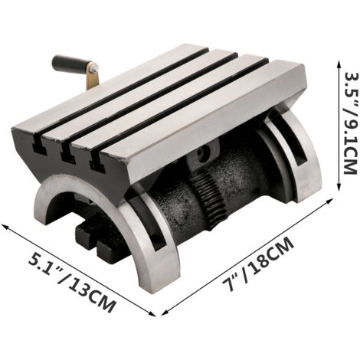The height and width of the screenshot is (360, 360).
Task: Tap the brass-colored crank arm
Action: [93, 77]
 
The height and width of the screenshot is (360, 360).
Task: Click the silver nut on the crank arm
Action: [94, 68]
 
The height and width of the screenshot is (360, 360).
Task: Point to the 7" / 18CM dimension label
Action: [258, 263]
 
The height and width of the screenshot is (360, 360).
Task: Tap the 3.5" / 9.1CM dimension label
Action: [350, 123]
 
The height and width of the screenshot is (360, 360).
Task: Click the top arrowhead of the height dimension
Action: [339, 64]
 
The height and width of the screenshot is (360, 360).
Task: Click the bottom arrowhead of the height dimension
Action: [339, 187]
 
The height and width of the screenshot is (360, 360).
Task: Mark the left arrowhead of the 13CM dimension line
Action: [5, 226]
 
